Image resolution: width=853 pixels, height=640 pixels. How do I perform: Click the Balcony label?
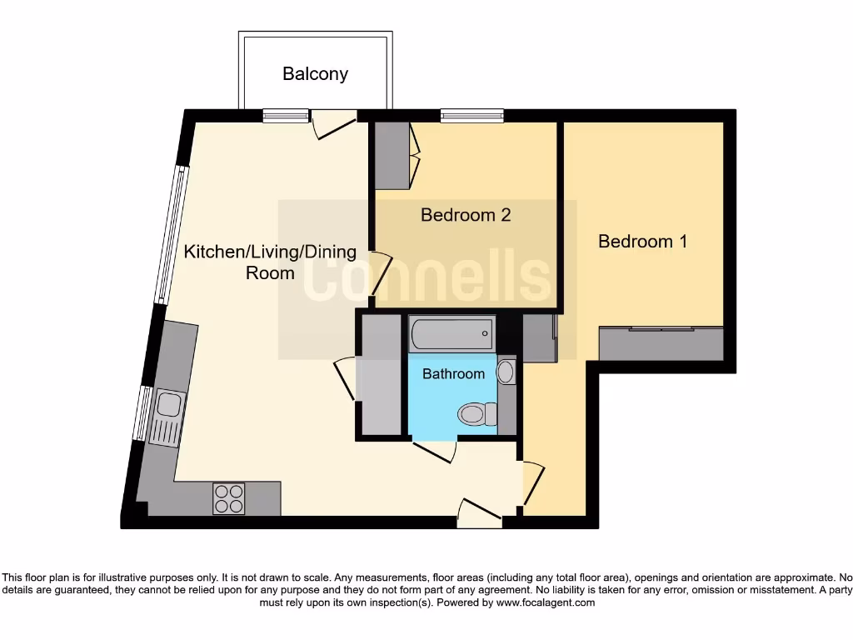[315, 74]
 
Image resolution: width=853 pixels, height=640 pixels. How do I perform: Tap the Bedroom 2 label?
[465, 215]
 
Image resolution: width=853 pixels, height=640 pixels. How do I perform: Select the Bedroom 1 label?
[642, 242]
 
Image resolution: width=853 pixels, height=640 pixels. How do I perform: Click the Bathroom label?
[453, 374]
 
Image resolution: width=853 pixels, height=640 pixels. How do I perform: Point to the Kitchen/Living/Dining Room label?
[270, 262]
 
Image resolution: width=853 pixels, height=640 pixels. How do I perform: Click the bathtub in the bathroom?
[451, 334]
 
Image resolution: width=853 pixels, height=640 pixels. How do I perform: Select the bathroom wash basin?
[506, 372]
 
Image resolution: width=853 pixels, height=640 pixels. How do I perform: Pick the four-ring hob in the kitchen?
[229, 497]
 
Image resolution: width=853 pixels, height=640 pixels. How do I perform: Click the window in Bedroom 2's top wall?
[472, 116]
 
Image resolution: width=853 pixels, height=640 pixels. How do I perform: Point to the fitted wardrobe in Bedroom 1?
[661, 344]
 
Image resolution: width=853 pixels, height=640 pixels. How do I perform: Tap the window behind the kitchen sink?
[145, 414]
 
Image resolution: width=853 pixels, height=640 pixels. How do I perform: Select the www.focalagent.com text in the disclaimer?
[546, 602]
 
